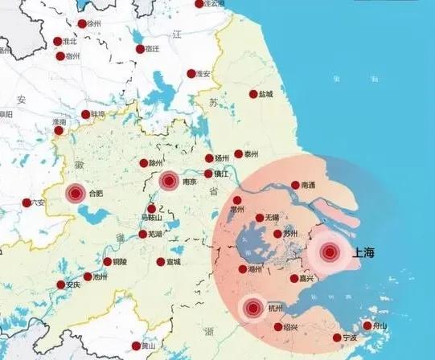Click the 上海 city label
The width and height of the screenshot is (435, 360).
click(x=364, y=253)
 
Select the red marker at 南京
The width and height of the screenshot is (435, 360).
click(x=168, y=181)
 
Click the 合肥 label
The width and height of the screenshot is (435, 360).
click(x=96, y=193)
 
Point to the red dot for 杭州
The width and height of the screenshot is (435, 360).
click(x=253, y=307)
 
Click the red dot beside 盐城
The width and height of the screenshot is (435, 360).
click(x=253, y=94)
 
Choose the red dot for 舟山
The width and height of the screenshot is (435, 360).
click(x=367, y=325)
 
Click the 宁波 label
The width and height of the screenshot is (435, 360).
click(x=348, y=337)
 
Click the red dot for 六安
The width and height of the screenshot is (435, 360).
click(x=26, y=202)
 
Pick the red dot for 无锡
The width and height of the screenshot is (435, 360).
click(x=259, y=218)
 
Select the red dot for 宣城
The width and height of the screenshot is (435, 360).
click(x=161, y=262)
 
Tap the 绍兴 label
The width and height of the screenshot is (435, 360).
click(x=290, y=328)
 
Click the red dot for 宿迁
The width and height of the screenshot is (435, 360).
click(x=139, y=48)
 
